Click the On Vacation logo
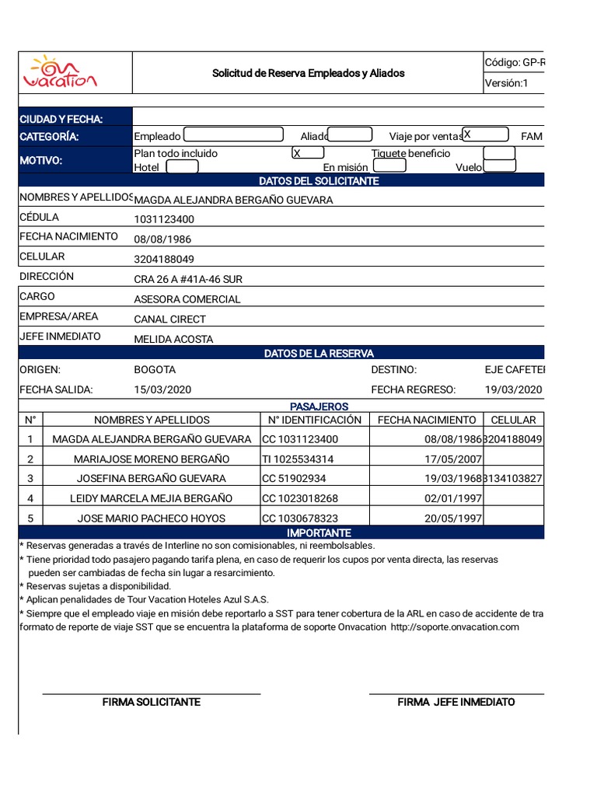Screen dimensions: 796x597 click(60, 72)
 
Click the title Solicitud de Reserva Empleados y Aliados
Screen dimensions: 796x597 click(308, 73)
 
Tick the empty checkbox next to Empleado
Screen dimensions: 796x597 click(233, 135)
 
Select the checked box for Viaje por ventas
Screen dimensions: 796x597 click(486, 134)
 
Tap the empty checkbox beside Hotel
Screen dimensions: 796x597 click(182, 166)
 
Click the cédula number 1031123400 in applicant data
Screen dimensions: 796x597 click(164, 219)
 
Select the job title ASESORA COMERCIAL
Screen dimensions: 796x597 click(187, 299)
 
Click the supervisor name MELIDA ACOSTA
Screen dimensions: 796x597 click(173, 339)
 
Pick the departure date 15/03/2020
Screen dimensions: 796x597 click(162, 389)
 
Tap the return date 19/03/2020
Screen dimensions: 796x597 click(513, 389)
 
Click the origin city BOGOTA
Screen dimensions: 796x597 click(155, 369)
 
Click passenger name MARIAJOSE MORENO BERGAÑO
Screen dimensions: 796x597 click(152, 459)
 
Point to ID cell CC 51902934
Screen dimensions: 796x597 click(294, 478)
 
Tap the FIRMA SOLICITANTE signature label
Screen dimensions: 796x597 click(152, 702)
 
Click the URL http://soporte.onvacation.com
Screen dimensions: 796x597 click(454, 627)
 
